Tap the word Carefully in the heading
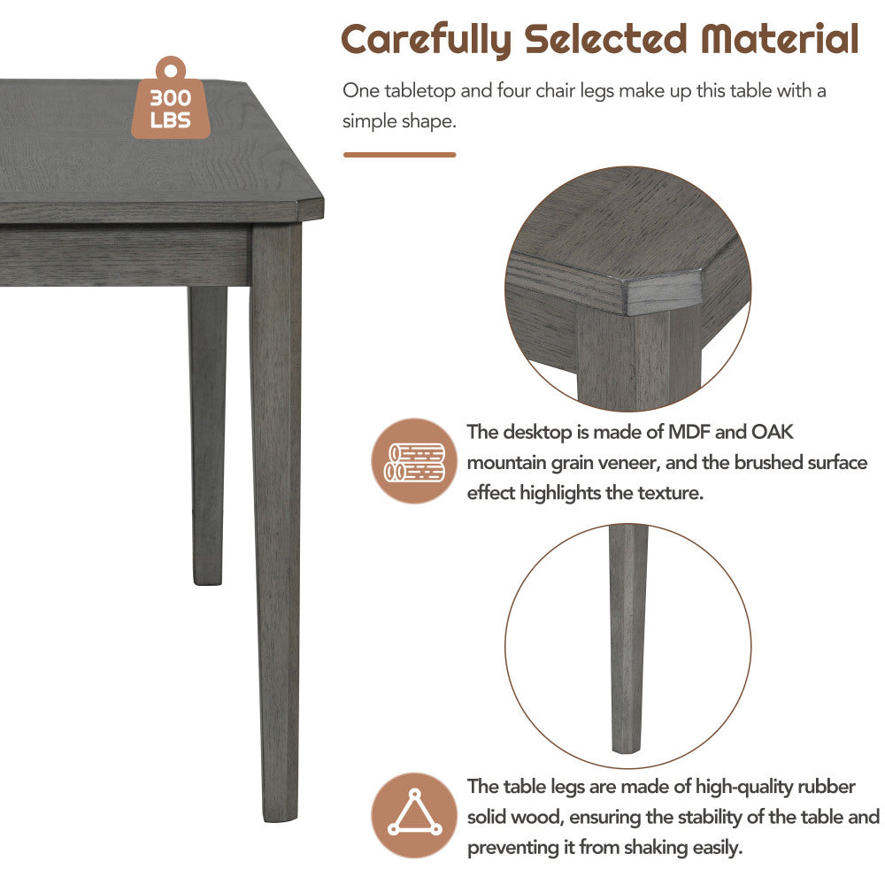427,40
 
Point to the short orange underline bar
400,155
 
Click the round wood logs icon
414,460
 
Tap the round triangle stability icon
414,815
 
